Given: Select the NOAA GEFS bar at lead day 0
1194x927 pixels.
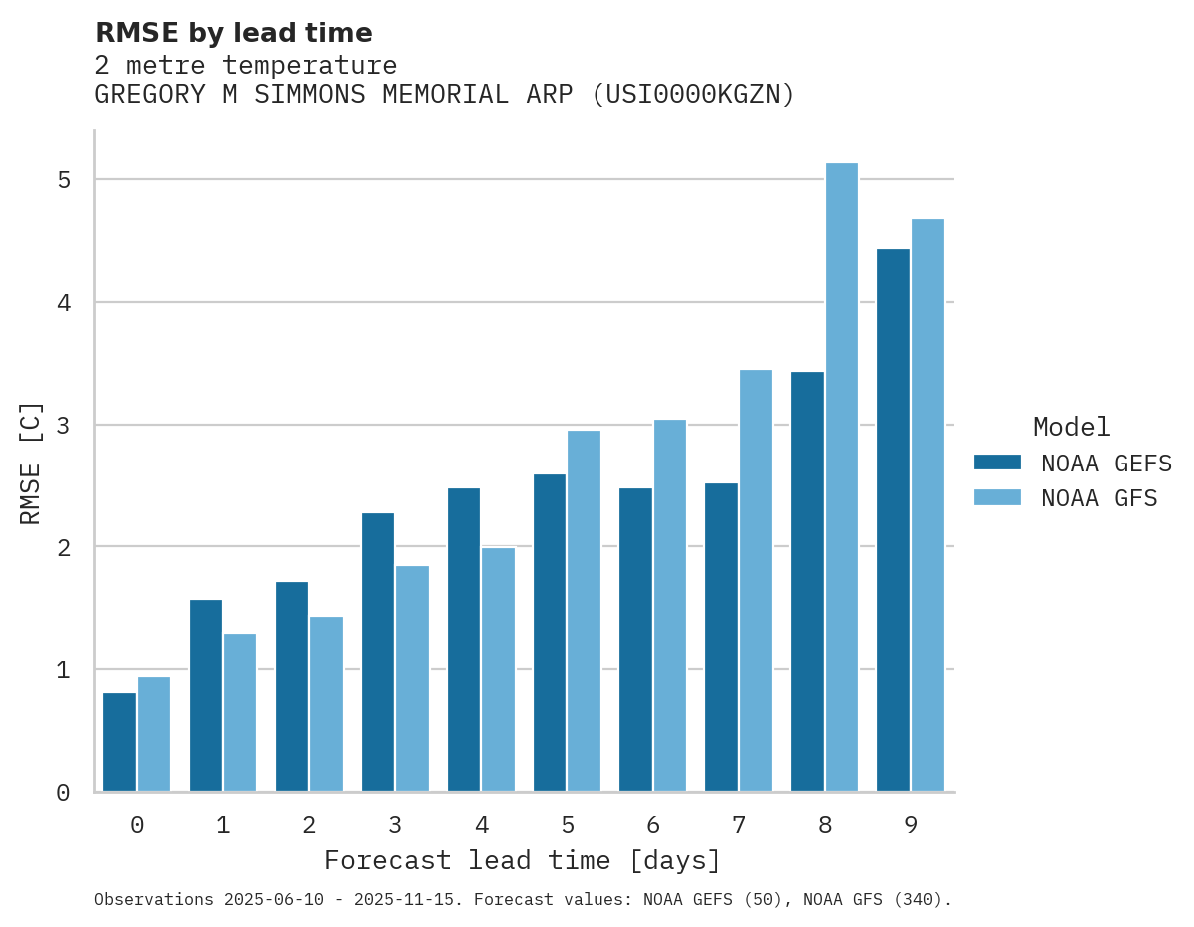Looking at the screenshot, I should coord(120,742).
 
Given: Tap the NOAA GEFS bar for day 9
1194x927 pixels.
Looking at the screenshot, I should coord(893,519).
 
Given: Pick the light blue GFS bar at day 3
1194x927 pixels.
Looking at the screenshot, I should coord(412,679).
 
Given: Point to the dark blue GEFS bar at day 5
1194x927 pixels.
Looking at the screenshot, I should coord(550,633).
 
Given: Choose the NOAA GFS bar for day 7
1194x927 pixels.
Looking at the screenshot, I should coord(755,580).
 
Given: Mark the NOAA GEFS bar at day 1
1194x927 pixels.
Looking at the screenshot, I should coord(206,696).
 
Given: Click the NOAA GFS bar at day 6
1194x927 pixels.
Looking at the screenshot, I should coord(669,605).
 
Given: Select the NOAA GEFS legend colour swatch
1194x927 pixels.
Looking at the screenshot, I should coord(997,463).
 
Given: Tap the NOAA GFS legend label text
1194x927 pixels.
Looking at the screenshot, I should coord(1099,498).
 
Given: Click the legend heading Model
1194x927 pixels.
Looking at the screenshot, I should coord(1071,428).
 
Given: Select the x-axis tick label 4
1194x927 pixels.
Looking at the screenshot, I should coord(481,826).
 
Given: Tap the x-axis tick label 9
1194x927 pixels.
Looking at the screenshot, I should coord(911,826).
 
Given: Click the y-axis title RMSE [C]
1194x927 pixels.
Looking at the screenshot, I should coord(31,463).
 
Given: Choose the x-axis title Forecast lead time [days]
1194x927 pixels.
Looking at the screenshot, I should coord(522,861).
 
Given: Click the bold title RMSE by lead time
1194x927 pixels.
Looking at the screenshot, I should coord(233,33).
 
